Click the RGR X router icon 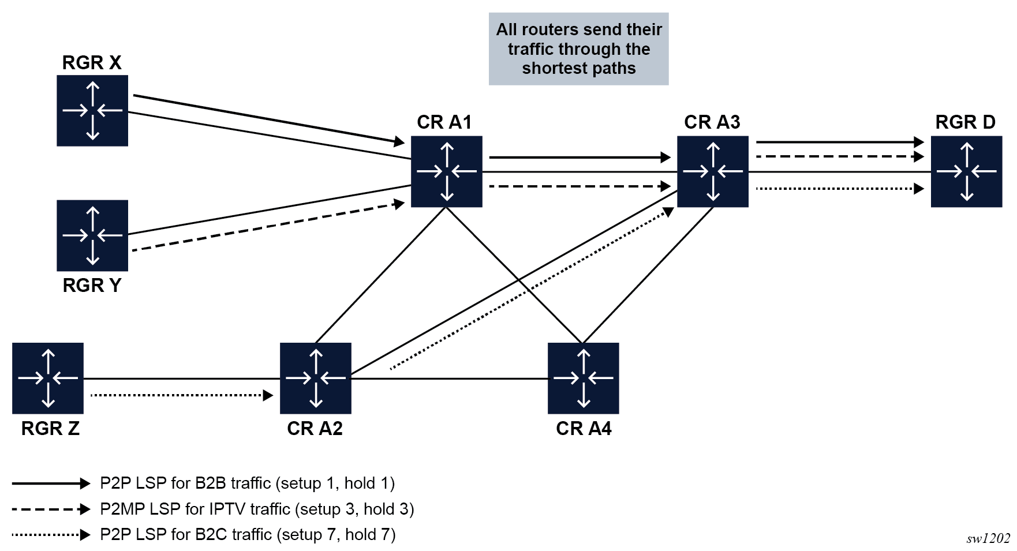92,110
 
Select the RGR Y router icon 92,235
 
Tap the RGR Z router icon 48,378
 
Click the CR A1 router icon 446,171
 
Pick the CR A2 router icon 315,378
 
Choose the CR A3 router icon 712,171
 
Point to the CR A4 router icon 583,378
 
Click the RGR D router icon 966,171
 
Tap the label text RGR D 965,122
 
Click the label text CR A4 584,429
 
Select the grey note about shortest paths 578,49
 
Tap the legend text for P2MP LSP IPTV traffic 257,509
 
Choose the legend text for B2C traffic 248,534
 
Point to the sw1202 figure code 988,538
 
